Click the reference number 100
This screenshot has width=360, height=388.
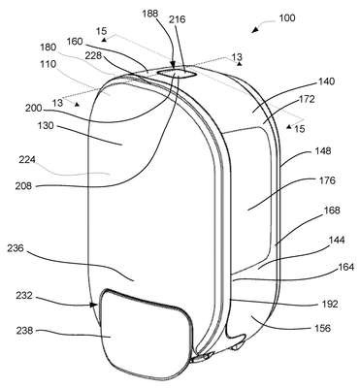pos(287,18)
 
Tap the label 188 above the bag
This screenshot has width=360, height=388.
pos(150,14)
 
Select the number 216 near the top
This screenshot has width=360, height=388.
pos(178,19)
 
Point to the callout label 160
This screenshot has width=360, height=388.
pos(75,42)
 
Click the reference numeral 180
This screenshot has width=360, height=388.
pos(49,48)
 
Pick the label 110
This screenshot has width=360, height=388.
pos(49,64)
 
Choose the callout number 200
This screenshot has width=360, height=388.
pos(34,109)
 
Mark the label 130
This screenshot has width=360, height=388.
pos(46,126)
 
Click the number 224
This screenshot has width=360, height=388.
pos(27,160)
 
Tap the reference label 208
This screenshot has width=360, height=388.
pos(23,186)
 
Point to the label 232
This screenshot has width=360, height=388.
pos(24,296)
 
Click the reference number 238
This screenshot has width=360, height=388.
pos(24,331)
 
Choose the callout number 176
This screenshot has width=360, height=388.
pos(327,180)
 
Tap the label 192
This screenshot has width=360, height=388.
pos(330,305)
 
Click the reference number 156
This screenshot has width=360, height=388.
pos(323,329)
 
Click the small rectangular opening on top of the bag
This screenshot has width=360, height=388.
pos(177,74)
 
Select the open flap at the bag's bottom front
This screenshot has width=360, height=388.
pos(145,333)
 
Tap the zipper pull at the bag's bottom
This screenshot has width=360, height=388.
pos(202,357)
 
